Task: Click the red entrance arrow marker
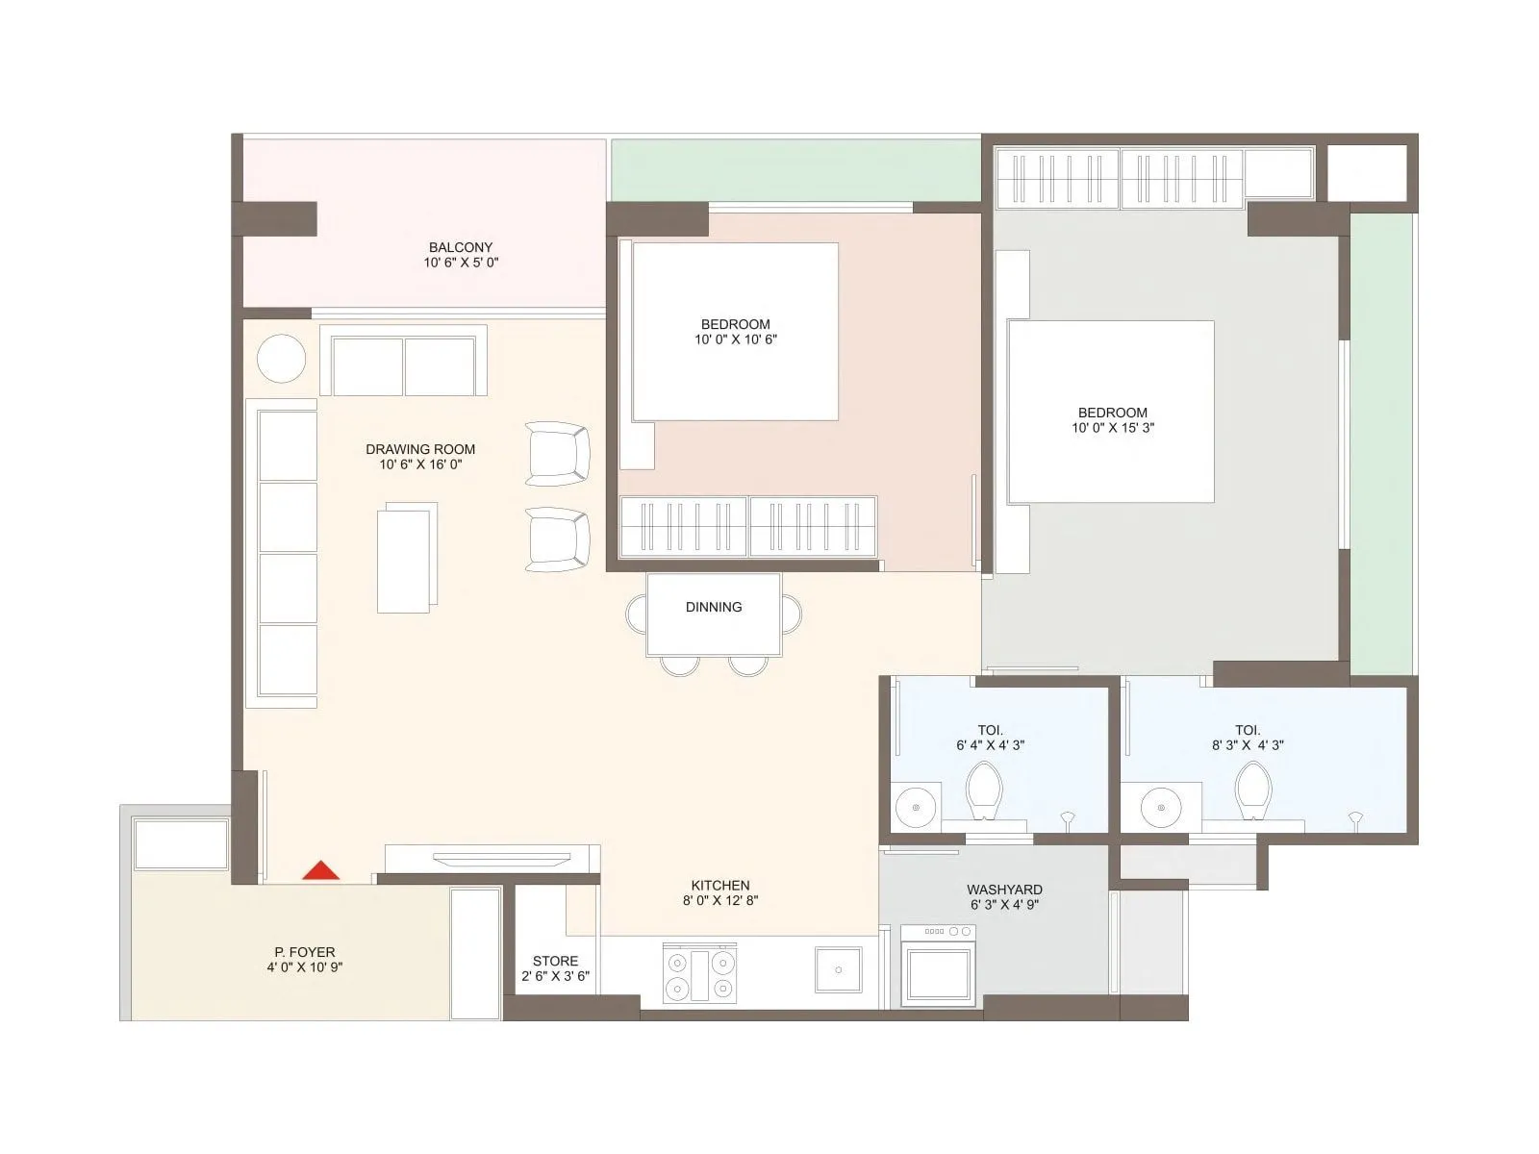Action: pyautogui.click(x=320, y=870)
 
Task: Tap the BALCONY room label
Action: pyautogui.click(x=461, y=247)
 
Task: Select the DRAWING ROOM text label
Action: pyautogui.click(x=420, y=449)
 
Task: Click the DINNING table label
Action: pyautogui.click(x=714, y=607)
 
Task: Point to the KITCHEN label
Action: pyautogui.click(x=720, y=886)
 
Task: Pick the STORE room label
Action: pyautogui.click(x=556, y=961)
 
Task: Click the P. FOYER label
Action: pyautogui.click(x=304, y=952)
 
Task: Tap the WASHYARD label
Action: pyautogui.click(x=1004, y=890)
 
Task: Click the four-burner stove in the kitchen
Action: pyautogui.click(x=700, y=974)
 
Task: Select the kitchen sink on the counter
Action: pyautogui.click(x=839, y=969)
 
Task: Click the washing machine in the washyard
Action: pyautogui.click(x=938, y=966)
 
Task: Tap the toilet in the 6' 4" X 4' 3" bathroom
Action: pyautogui.click(x=984, y=790)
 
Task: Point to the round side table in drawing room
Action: pyautogui.click(x=281, y=358)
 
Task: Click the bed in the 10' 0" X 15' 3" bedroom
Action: pyautogui.click(x=1110, y=412)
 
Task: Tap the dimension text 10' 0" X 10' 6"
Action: pyautogui.click(x=736, y=339)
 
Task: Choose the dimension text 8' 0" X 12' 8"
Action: pyautogui.click(x=720, y=901)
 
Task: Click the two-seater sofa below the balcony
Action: pyautogui.click(x=403, y=363)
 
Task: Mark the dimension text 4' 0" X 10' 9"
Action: pyautogui.click(x=304, y=967)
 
